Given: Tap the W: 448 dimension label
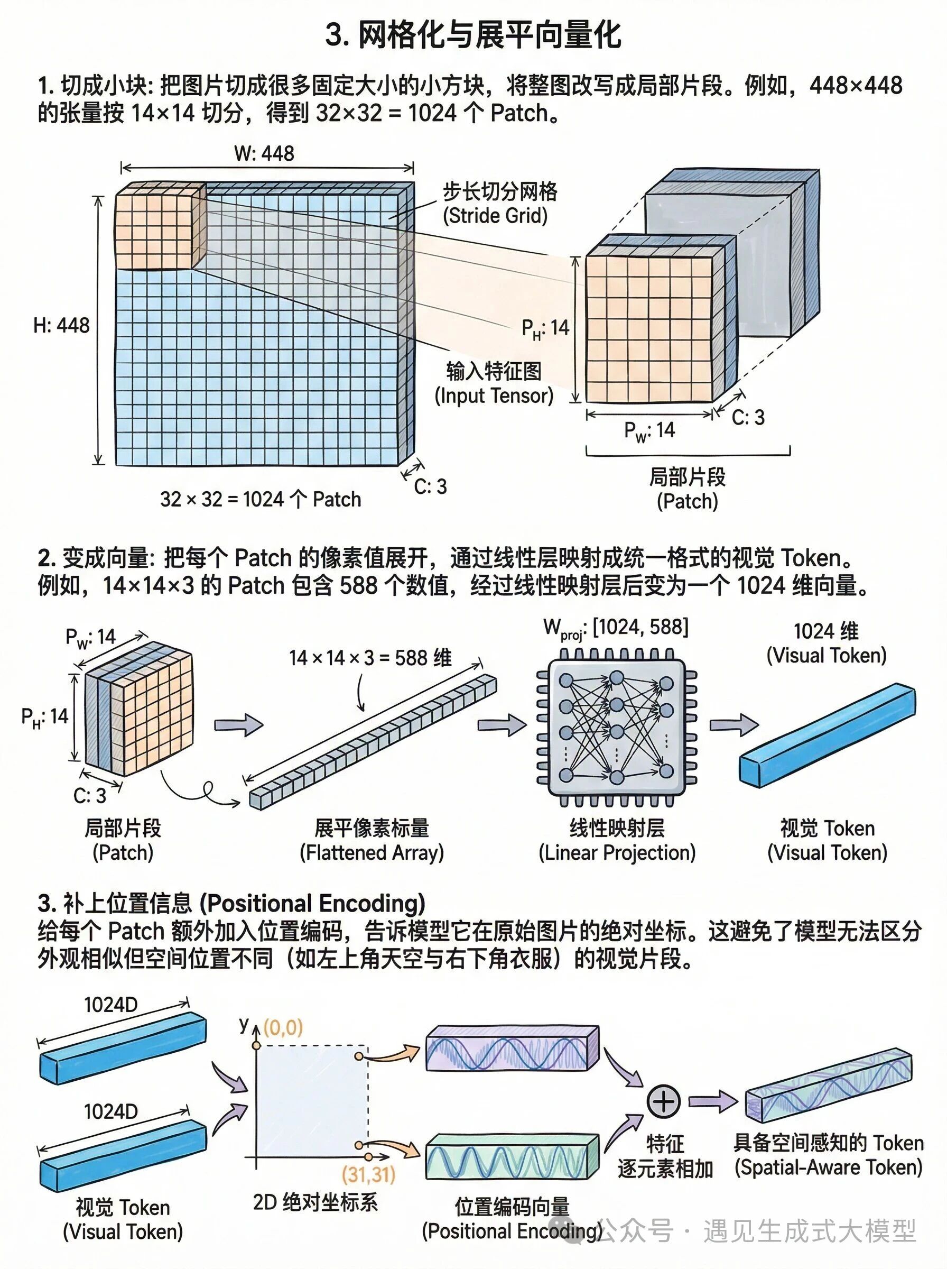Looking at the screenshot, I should point(264,153).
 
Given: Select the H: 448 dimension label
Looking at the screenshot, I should point(61,325).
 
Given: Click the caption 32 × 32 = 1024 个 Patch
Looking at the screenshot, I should point(261,499).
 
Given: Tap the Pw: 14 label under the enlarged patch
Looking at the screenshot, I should point(649,430).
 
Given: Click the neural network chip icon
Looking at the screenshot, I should point(616,727).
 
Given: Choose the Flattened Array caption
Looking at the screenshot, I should point(372,840).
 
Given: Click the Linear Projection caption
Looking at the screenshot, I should point(617,840).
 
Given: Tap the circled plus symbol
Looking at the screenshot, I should point(663,1101).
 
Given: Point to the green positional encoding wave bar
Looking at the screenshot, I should point(512,1155).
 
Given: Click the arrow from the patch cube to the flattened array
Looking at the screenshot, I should point(238,725).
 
